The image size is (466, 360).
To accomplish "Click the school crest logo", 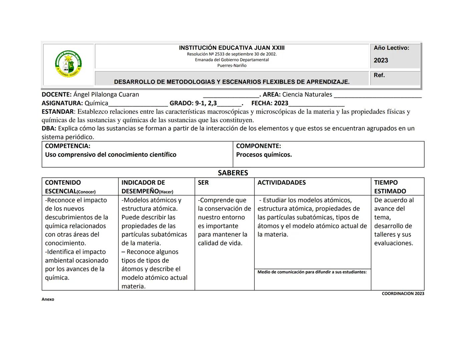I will point(68,64).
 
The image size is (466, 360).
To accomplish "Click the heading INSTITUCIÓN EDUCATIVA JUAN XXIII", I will point(232,48).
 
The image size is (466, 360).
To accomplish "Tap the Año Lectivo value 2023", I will point(381,60).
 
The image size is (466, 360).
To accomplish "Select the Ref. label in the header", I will point(379,75).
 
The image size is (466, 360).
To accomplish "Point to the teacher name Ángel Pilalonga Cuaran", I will point(106,94).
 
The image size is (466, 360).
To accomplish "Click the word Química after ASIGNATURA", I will point(96,103).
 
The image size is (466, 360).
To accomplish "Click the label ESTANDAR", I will point(57,112).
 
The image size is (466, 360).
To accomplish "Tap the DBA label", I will point(49,128).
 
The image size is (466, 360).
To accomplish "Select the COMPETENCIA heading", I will point(67,146).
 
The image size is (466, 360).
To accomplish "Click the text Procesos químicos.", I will point(264,155).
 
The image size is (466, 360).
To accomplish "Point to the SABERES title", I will point(233,173).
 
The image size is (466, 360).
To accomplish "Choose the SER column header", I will point(203,183).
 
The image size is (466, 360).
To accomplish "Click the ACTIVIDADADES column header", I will point(282,183).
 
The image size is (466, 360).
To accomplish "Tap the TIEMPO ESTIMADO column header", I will point(390,187).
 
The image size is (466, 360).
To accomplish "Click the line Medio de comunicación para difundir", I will point(312,272).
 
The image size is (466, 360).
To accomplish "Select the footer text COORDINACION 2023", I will point(403,294).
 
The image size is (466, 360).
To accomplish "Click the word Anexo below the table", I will point(48,299).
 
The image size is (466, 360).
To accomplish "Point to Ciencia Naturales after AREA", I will point(307,94).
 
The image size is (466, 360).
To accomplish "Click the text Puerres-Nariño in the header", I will point(232,66).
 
